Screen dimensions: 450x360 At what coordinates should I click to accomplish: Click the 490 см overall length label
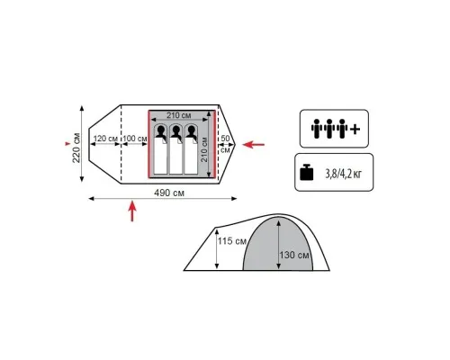[x=169, y=193]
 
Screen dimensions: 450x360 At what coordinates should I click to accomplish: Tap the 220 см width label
[x=76, y=148]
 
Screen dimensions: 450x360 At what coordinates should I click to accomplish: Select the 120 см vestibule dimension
[x=105, y=139]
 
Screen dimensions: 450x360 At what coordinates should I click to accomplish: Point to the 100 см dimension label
[x=135, y=139]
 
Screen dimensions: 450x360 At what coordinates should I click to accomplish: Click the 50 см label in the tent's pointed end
[x=225, y=144]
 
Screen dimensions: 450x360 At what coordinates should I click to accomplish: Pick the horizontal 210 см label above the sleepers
[x=179, y=115]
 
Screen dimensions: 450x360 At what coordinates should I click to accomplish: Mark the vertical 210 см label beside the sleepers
[x=204, y=149]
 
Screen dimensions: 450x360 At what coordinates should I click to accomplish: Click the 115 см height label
[x=232, y=241]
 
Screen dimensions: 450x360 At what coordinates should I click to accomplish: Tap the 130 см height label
[x=294, y=255]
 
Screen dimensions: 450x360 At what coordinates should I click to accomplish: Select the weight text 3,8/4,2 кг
[x=344, y=174]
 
